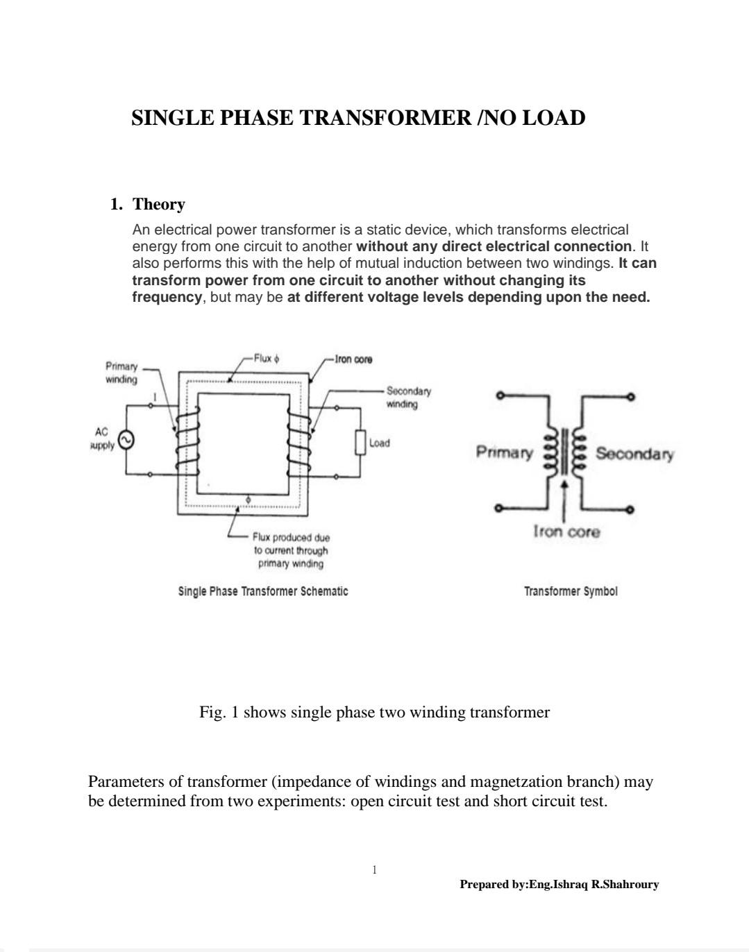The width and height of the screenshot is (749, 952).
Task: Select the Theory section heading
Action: [x=158, y=205]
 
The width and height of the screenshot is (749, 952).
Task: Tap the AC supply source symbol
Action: [x=126, y=441]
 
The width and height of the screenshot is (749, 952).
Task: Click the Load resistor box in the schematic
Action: [x=360, y=443]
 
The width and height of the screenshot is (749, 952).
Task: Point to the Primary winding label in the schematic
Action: [x=121, y=373]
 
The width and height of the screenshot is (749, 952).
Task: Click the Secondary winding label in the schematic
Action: [x=408, y=398]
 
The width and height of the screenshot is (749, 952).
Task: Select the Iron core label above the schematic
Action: [x=353, y=359]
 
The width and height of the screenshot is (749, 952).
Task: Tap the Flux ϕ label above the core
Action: [x=267, y=359]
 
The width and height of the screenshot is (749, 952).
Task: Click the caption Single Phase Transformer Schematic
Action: [x=263, y=591]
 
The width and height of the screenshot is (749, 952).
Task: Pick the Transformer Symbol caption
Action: [x=571, y=591]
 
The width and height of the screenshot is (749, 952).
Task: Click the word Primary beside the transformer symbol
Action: [x=505, y=453]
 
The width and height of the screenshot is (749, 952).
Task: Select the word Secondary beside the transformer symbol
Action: [x=634, y=454]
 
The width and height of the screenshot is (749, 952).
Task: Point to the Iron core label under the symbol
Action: [x=566, y=532]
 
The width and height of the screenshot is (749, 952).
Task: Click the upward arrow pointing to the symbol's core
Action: [x=564, y=496]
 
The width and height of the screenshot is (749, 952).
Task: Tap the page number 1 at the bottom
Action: [x=374, y=869]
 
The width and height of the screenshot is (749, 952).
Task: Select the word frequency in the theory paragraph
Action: [x=167, y=297]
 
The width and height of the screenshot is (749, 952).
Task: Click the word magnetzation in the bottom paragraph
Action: [x=516, y=782]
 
